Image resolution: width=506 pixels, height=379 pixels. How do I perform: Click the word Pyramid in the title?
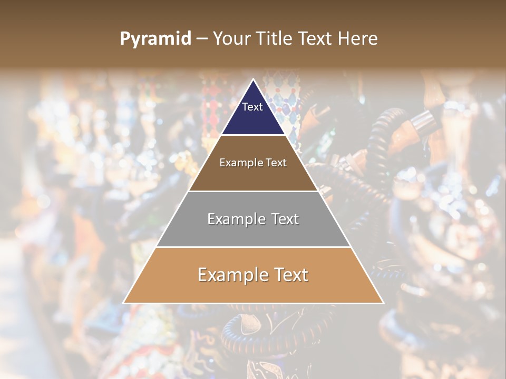pyautogui.click(x=155, y=39)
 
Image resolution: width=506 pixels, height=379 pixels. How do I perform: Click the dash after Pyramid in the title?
pyautogui.click(x=202, y=39)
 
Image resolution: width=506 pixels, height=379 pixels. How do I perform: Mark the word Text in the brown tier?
pyautogui.click(x=276, y=163)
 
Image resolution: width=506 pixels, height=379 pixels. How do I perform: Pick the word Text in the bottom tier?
pyautogui.click(x=290, y=275)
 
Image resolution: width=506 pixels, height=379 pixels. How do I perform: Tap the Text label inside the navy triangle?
pyautogui.click(x=252, y=107)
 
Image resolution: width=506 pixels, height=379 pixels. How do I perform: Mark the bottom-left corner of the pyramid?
pyautogui.click(x=124, y=303)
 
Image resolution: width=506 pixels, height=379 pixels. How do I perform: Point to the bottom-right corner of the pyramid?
pyautogui.click(x=383, y=303)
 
